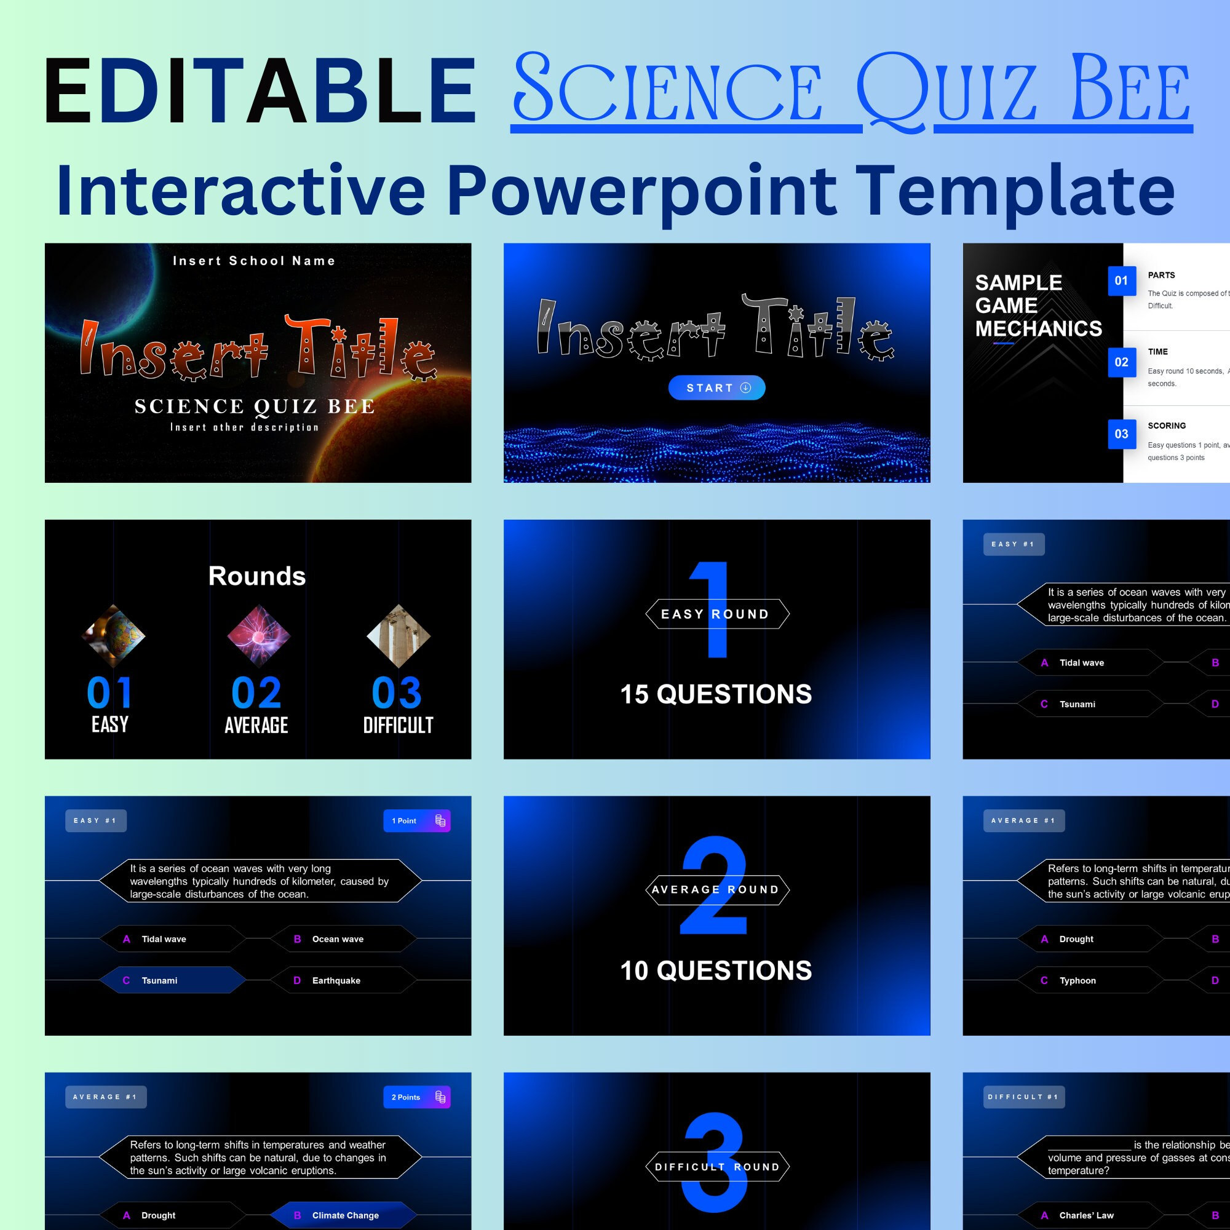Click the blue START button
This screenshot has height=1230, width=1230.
pyautogui.click(x=716, y=387)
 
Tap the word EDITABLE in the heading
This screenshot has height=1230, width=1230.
pyautogui.click(x=260, y=90)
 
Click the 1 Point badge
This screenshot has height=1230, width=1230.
pyautogui.click(x=416, y=820)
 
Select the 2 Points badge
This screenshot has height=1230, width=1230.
pyautogui.click(x=416, y=1097)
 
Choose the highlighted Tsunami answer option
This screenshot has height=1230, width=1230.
pyautogui.click(x=172, y=980)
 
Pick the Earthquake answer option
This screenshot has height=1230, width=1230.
pyautogui.click(x=343, y=980)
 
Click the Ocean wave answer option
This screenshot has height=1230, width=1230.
pyautogui.click(x=343, y=939)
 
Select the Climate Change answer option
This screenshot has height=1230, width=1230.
pyautogui.click(x=343, y=1215)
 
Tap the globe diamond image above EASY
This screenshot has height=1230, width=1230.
pyautogui.click(x=114, y=636)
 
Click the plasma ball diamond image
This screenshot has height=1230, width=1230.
pyautogui.click(x=258, y=636)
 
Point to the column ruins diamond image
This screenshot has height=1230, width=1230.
pyautogui.click(x=399, y=636)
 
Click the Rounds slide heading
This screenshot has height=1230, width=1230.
pyautogui.click(x=257, y=576)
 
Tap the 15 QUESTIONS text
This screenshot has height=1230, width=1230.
pyautogui.click(x=716, y=694)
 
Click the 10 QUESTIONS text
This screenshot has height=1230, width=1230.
pyautogui.click(x=716, y=971)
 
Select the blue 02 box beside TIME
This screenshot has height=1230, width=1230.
pyautogui.click(x=1122, y=362)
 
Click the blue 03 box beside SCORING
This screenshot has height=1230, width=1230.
pyautogui.click(x=1122, y=434)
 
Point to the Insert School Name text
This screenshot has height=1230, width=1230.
pyautogui.click(x=254, y=261)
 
